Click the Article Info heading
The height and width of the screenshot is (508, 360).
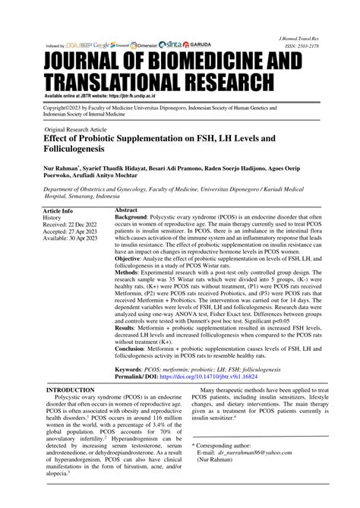(58, 210)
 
